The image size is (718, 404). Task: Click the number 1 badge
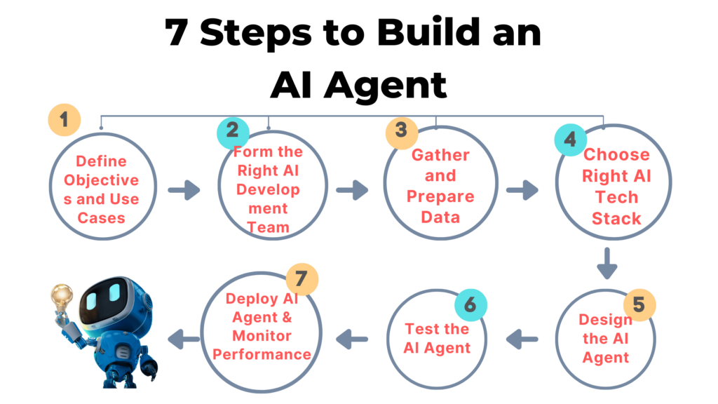(65, 120)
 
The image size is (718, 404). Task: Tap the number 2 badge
(233, 130)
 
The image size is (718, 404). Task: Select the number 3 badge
(401, 130)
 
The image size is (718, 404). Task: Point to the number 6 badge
(470, 304)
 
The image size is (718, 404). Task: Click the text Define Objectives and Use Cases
(102, 189)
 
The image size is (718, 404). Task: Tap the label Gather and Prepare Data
(440, 186)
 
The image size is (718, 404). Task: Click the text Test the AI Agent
(437, 338)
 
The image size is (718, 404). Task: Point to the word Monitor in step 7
(262, 336)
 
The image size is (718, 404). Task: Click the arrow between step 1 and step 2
(183, 189)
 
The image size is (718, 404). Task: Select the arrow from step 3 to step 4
(522, 189)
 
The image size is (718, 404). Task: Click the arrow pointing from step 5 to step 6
(522, 339)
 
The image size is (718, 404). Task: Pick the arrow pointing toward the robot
(183, 339)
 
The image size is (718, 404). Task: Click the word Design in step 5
(605, 320)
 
